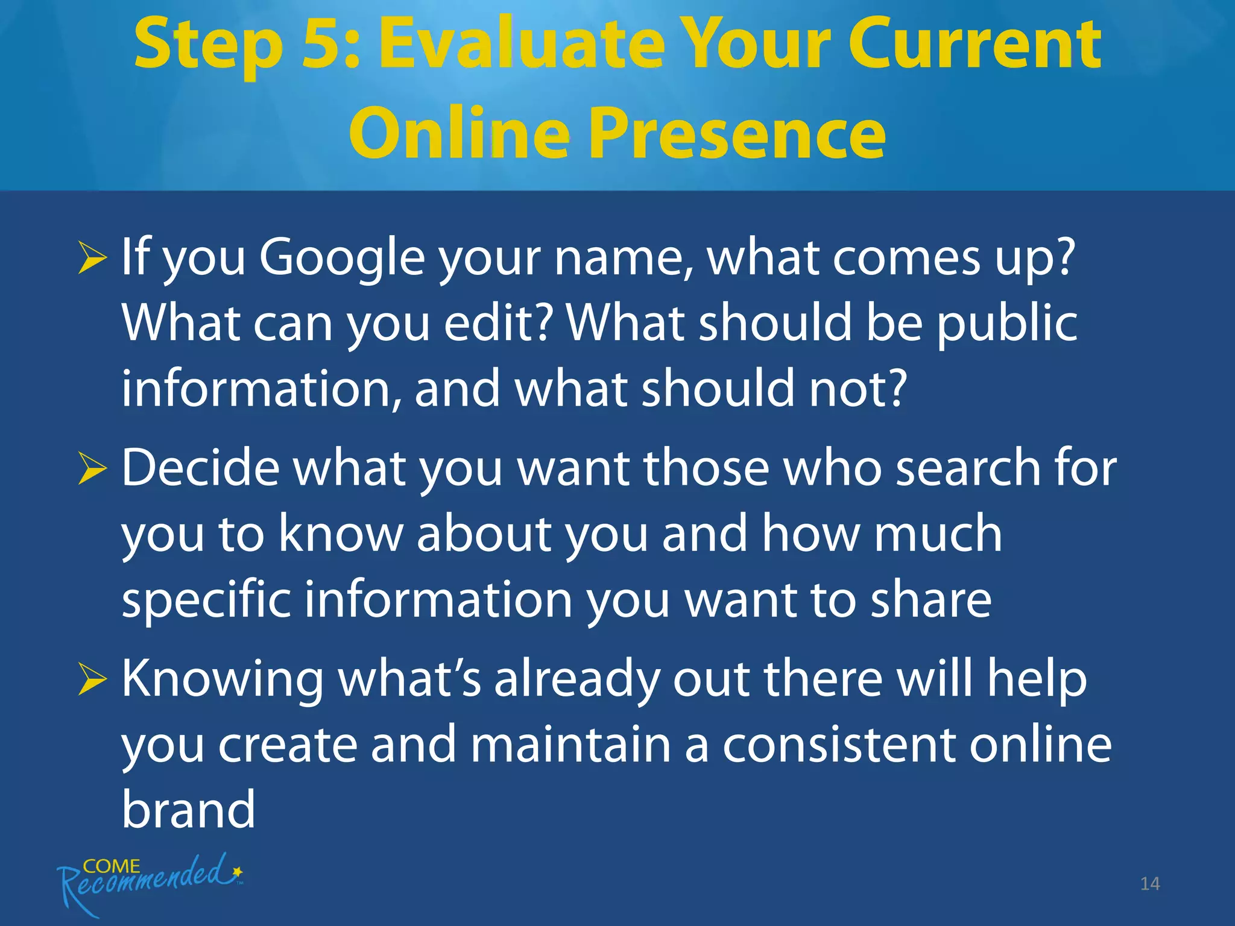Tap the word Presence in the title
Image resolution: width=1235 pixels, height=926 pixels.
pyautogui.click(x=737, y=134)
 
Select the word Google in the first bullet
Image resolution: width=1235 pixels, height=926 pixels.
pyautogui.click(x=342, y=258)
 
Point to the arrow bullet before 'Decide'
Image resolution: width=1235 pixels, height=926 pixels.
pyautogui.click(x=92, y=470)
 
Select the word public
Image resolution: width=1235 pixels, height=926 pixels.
pyautogui.click(x=1006, y=323)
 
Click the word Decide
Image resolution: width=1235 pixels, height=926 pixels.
pyautogui.click(x=201, y=468)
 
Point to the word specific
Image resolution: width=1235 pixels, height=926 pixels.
pyautogui.click(x=206, y=600)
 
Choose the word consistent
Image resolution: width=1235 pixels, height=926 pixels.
pyautogui.click(x=838, y=745)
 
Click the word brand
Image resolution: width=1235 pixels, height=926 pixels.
pyautogui.click(x=188, y=810)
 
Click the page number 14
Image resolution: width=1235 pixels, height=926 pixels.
pyautogui.click(x=1149, y=884)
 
